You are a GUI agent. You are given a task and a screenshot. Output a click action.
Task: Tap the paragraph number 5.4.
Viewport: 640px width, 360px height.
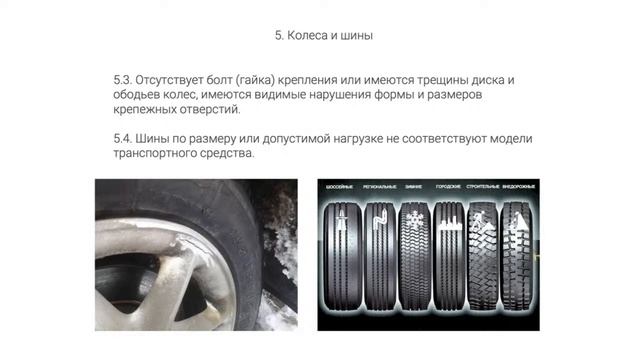click(126, 138)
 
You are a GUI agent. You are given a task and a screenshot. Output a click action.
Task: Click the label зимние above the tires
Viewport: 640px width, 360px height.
click(412, 187)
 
